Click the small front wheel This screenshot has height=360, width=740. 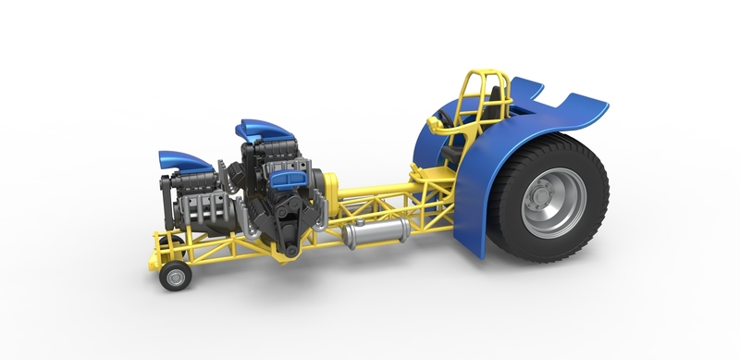[171, 277]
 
